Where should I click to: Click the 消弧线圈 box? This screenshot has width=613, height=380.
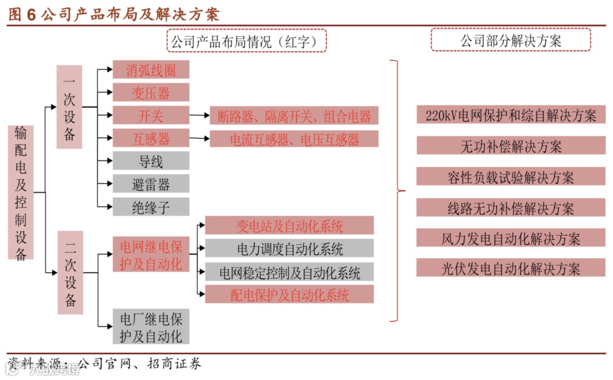click(x=150, y=70)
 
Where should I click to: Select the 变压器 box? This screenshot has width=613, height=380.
click(x=150, y=92)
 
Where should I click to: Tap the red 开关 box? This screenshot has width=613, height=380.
click(x=150, y=116)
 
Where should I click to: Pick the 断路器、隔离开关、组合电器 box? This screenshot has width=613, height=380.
click(x=293, y=116)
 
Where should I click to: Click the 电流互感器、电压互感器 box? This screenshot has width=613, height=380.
click(x=293, y=140)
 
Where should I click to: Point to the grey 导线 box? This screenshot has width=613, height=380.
click(x=150, y=162)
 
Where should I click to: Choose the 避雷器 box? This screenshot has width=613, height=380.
click(x=150, y=184)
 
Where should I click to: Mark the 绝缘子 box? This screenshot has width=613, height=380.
click(x=150, y=207)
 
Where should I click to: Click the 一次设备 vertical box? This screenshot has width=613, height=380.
click(x=69, y=107)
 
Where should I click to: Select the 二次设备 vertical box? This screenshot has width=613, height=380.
click(x=69, y=273)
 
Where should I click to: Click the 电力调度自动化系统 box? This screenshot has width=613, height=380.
click(x=289, y=248)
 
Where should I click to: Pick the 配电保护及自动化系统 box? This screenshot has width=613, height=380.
click(x=289, y=294)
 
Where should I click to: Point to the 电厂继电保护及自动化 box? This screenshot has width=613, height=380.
click(x=150, y=326)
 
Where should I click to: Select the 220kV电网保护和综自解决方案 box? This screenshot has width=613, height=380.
click(x=510, y=116)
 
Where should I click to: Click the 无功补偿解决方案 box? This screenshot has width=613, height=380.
click(x=510, y=146)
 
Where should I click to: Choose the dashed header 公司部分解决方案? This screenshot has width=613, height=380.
click(x=510, y=40)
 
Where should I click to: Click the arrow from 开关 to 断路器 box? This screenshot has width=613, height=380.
click(x=199, y=116)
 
